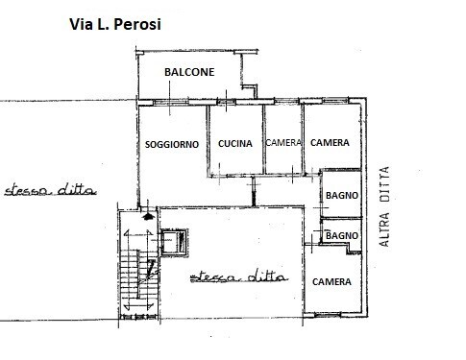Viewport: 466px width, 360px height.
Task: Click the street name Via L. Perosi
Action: pos(115,24)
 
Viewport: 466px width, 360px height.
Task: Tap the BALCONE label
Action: pos(189,72)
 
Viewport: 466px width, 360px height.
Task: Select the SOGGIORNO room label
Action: pos(172,145)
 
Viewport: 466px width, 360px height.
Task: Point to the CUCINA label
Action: pos(235,144)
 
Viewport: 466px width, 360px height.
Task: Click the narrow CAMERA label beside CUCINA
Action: pos(283,143)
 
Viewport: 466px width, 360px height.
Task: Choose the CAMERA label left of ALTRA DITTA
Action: pos(330,142)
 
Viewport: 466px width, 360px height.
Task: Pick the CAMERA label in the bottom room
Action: pos(331,282)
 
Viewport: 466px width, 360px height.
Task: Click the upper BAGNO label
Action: pos(342,195)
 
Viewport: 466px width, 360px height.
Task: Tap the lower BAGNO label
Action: pos(342,236)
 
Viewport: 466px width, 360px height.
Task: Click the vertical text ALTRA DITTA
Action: pos(384,206)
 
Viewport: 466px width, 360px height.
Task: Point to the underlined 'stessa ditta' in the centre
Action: pos(239,276)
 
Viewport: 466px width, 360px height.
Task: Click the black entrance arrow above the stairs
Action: pos(148,217)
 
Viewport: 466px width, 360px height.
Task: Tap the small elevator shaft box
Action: pos(174,242)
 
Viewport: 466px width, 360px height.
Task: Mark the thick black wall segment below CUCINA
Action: pos(254,191)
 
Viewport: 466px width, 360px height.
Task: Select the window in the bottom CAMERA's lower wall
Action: pos(328,315)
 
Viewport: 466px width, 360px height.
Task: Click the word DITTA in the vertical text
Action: pos(384,184)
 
